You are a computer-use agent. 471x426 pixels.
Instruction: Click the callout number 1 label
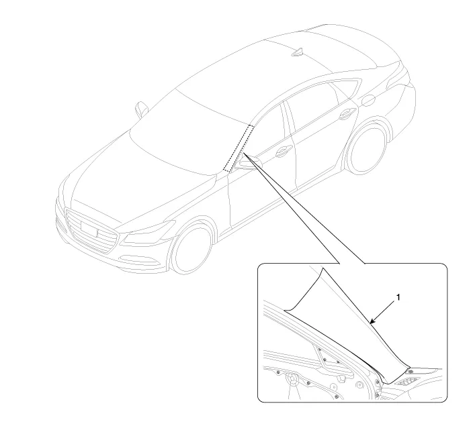(x=398, y=297)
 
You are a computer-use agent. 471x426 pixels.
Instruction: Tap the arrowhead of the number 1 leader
(x=372, y=322)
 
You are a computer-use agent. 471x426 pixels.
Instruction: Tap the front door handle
(x=284, y=151)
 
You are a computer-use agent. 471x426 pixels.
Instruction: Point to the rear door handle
(x=347, y=113)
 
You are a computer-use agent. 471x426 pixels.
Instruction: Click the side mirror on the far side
(x=141, y=109)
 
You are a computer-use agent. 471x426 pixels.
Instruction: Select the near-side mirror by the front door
(x=249, y=164)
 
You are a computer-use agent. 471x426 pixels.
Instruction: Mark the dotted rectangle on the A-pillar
(x=239, y=148)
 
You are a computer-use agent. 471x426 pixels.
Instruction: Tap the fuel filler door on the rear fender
(x=369, y=100)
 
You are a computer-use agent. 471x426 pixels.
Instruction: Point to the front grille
(x=91, y=230)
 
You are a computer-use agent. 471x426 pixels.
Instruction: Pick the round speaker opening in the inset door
(x=292, y=379)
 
